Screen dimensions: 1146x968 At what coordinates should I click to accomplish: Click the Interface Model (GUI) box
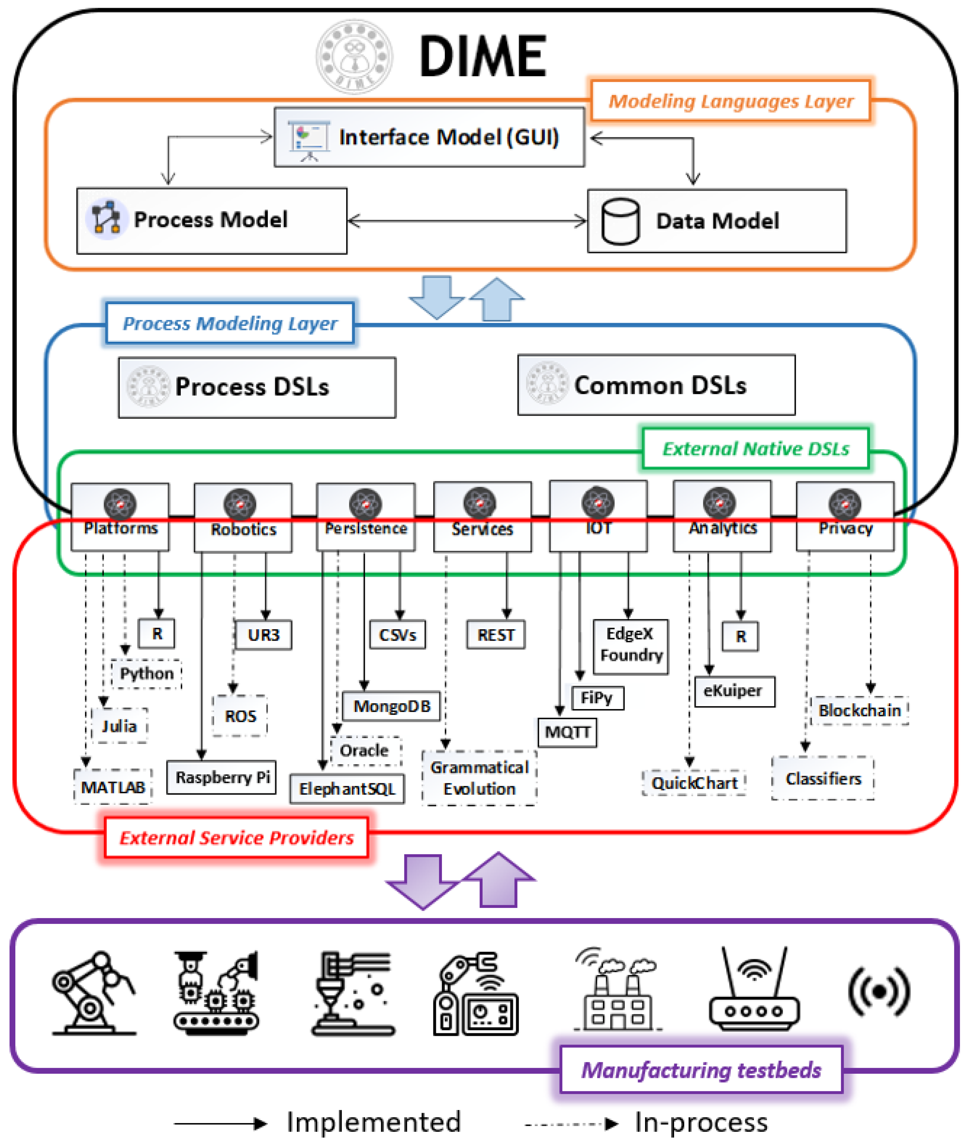click(429, 137)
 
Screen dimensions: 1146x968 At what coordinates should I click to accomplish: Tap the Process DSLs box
click(257, 388)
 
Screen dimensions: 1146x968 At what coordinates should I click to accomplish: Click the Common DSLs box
click(656, 385)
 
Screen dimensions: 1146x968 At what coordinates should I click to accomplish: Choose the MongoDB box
click(391, 706)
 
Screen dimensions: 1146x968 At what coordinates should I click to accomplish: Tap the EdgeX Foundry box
click(631, 644)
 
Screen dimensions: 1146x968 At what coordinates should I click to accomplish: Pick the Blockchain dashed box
click(859, 710)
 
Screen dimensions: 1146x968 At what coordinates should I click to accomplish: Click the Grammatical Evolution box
click(479, 778)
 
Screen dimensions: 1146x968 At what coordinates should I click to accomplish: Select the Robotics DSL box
click(243, 518)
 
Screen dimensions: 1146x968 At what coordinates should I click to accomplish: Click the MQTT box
click(568, 732)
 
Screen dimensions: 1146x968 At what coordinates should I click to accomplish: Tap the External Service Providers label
click(236, 838)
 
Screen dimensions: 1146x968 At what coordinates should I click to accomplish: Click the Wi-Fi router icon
click(754, 991)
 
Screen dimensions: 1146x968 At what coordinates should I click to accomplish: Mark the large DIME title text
click(483, 56)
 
